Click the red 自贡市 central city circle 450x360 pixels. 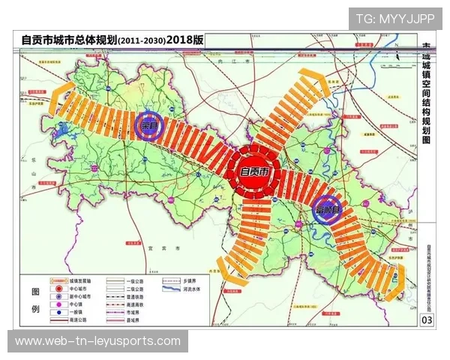point(254,172)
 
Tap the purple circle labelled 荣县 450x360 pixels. point(153,126)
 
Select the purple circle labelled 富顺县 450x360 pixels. point(328,209)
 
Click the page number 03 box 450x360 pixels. point(427,321)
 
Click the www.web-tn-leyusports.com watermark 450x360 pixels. point(97,341)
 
